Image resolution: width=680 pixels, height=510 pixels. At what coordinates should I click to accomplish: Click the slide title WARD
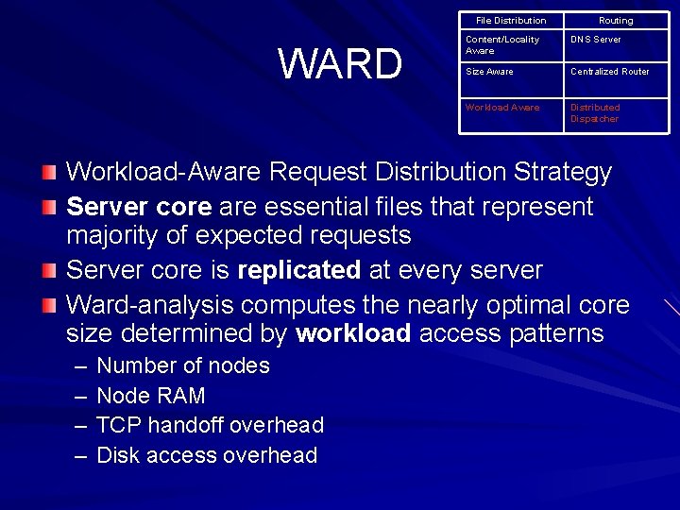(x=340, y=64)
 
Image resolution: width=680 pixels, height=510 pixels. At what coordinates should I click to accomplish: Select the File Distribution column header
(x=511, y=21)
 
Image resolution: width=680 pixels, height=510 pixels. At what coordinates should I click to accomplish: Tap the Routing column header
(x=616, y=21)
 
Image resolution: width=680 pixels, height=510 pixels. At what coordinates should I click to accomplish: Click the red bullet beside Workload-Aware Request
(x=49, y=173)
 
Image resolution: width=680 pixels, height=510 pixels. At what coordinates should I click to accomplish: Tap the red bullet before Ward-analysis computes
(x=49, y=305)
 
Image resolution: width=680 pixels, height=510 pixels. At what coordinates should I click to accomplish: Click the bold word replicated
(x=298, y=270)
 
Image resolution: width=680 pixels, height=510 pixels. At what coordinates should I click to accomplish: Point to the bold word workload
(x=353, y=333)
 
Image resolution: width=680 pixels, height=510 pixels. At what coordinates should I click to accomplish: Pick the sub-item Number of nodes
(x=183, y=365)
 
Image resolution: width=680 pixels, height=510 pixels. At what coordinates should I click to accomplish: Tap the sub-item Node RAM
(x=151, y=396)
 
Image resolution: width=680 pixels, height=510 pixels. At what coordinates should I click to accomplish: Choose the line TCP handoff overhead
(x=210, y=425)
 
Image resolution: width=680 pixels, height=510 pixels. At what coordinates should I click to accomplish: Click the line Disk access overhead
(x=207, y=455)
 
